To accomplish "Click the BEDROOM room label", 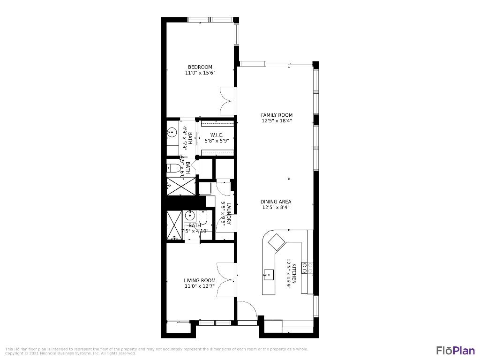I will pyautogui.click(x=200, y=67).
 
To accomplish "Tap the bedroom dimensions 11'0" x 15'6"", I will pyautogui.click(x=200, y=73).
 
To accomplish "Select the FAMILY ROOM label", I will pyautogui.click(x=277, y=115).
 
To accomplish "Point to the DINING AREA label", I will pyautogui.click(x=276, y=202).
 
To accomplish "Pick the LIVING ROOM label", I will pyautogui.click(x=200, y=280).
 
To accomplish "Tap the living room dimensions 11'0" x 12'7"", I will pyautogui.click(x=200, y=286).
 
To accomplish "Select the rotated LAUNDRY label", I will pyautogui.click(x=229, y=214).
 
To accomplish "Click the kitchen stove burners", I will pyautogui.click(x=307, y=268).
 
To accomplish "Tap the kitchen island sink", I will pyautogui.click(x=269, y=274).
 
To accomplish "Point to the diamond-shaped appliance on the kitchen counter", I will pyautogui.click(x=276, y=242).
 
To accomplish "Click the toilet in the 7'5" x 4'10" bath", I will pyautogui.click(x=203, y=217).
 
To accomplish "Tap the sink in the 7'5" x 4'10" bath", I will pyautogui.click(x=190, y=216).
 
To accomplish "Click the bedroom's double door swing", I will pyautogui.click(x=228, y=101).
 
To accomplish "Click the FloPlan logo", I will pyautogui.click(x=455, y=350).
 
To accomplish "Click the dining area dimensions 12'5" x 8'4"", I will pyautogui.click(x=276, y=207).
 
